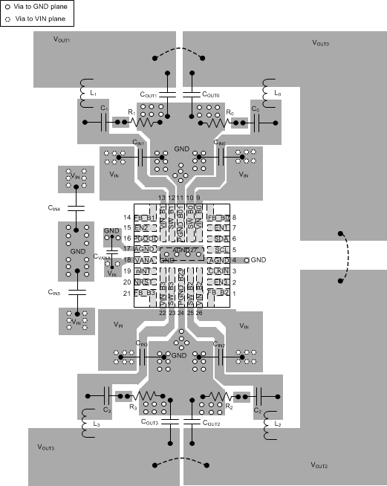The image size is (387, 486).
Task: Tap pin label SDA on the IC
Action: [221, 239]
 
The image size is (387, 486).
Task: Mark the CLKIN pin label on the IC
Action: [219, 271]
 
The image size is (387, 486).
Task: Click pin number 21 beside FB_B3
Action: [126, 294]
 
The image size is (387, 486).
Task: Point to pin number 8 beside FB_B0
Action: [233, 217]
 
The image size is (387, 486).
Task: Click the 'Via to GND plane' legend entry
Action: [36, 5]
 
